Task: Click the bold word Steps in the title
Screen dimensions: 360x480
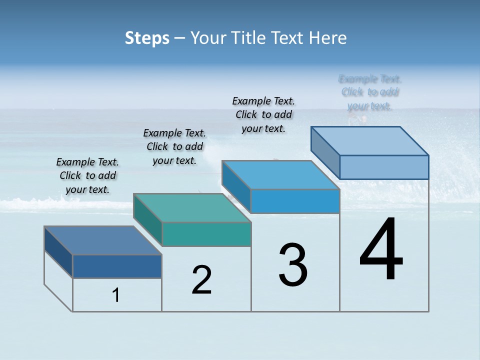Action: click(x=147, y=38)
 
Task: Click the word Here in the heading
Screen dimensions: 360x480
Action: click(x=328, y=38)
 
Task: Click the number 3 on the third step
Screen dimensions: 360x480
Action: click(x=293, y=264)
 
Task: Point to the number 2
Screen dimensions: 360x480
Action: click(x=202, y=280)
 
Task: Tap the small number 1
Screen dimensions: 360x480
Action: click(x=116, y=295)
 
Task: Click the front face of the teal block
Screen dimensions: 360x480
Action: click(x=206, y=234)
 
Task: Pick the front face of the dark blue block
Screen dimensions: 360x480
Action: click(x=117, y=266)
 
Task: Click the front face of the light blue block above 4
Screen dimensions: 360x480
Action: click(x=384, y=167)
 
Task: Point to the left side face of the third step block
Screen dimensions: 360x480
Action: click(x=236, y=187)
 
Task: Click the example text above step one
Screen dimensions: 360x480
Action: click(x=87, y=175)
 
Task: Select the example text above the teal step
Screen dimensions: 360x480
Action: click(x=174, y=146)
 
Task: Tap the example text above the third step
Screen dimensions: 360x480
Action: click(x=263, y=114)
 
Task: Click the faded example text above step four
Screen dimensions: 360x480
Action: click(x=370, y=92)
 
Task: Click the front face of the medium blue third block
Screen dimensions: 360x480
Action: click(x=295, y=201)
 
